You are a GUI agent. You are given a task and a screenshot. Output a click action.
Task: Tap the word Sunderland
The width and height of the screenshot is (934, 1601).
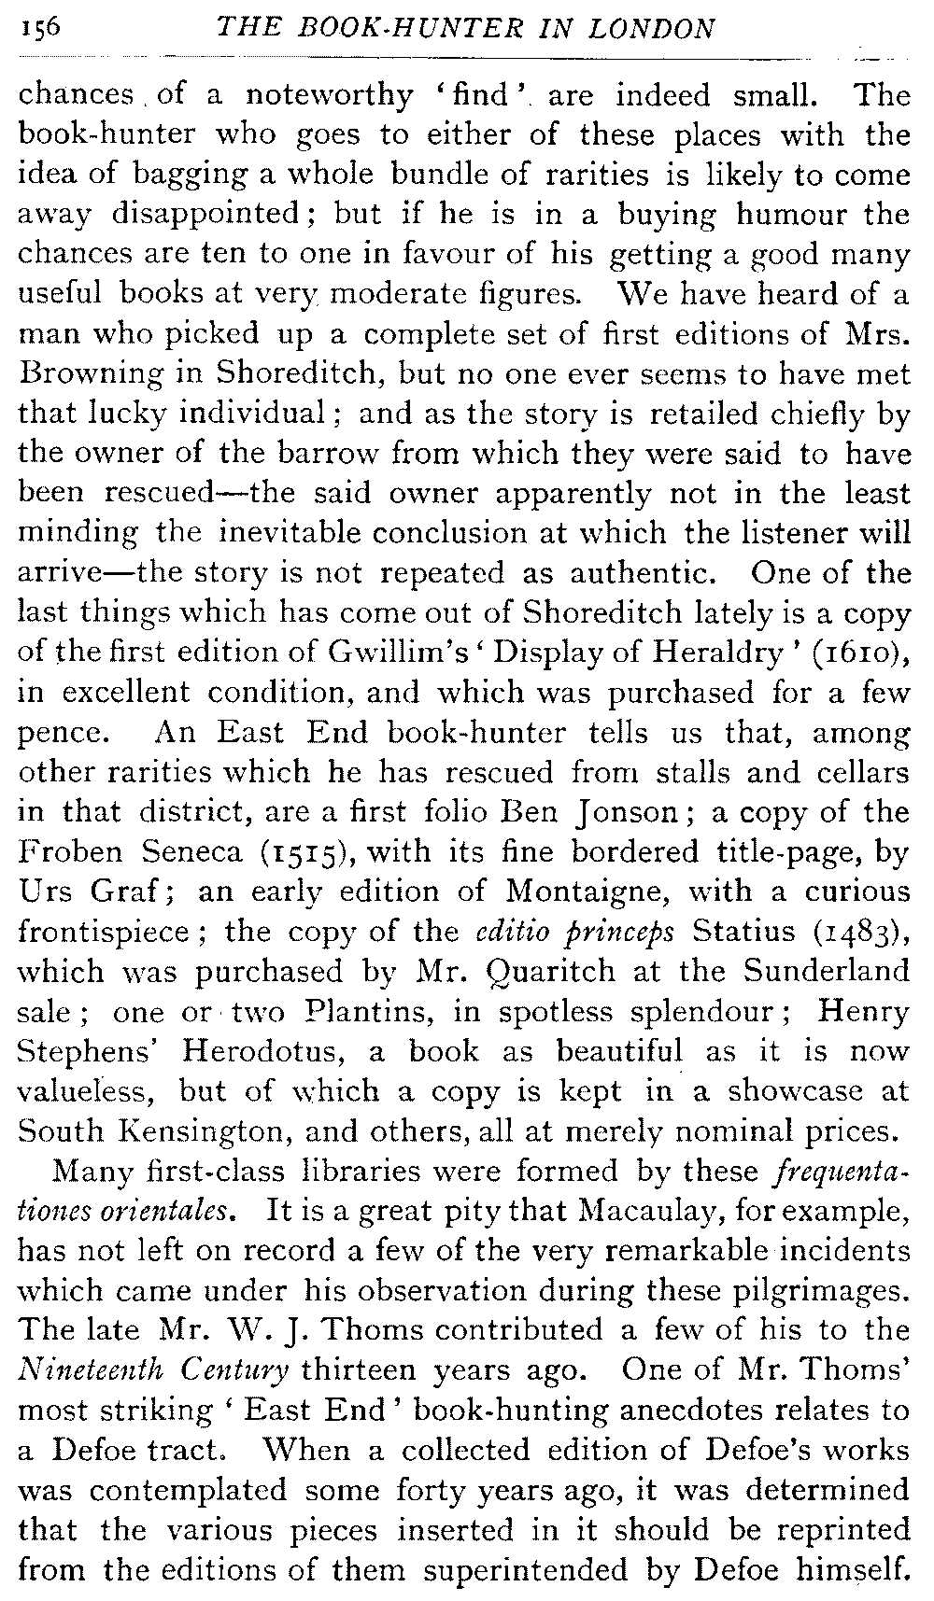(827, 971)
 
